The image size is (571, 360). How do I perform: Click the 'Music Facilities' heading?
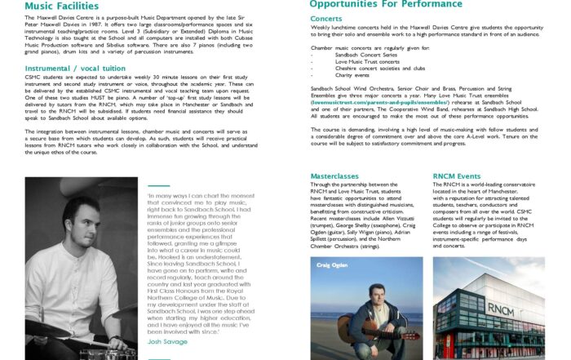coord(60,6)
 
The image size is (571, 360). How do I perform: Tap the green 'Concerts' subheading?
coord(326,18)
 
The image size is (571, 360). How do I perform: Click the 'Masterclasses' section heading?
coord(339,176)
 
